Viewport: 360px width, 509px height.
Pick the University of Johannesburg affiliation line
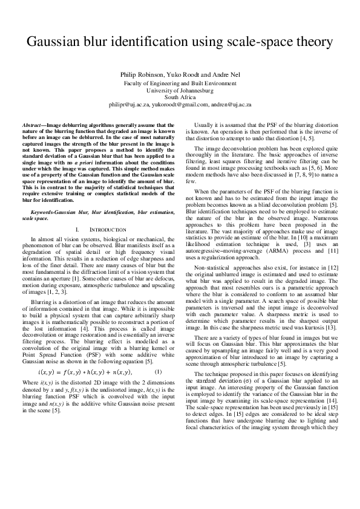tap(180, 90)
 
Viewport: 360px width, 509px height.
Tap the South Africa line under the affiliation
tap(180, 97)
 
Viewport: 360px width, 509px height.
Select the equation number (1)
tap(159, 354)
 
